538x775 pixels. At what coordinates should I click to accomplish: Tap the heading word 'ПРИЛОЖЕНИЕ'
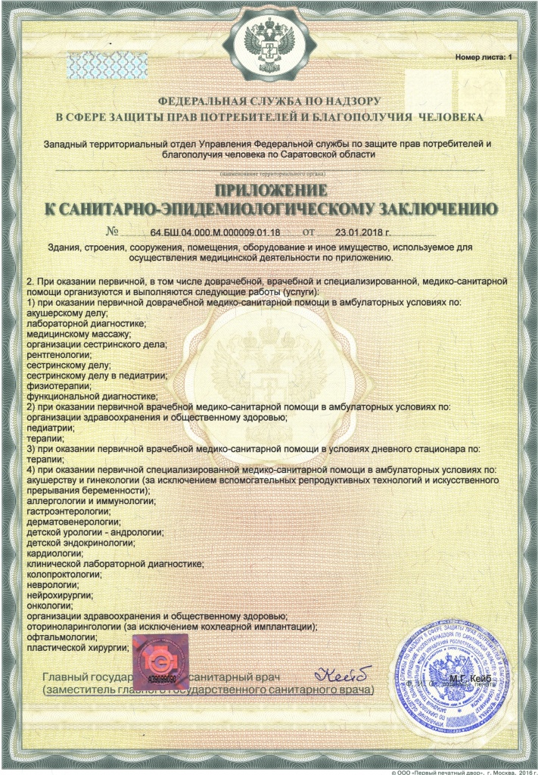coord(269,189)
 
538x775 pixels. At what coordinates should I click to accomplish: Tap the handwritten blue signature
coord(343,672)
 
